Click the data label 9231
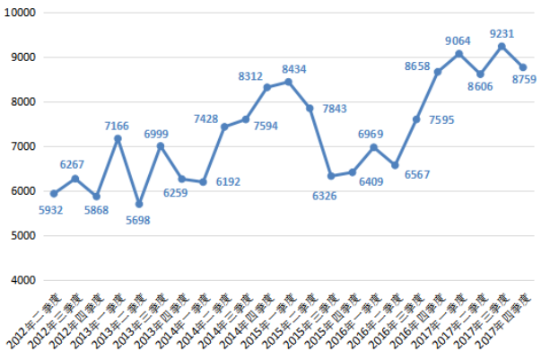tap(502, 33)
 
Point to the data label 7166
tap(117, 126)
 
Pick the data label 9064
tap(458, 40)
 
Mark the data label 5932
tap(52, 210)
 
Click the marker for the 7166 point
tap(118, 138)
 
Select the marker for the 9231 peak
tap(502, 46)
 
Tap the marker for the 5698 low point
tap(139, 204)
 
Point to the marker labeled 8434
tap(288, 82)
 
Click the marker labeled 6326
tap(331, 176)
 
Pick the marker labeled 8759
tap(523, 67)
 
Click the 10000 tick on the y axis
tap(20, 13)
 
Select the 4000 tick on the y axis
tap(22, 280)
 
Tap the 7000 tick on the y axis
tap(22, 146)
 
